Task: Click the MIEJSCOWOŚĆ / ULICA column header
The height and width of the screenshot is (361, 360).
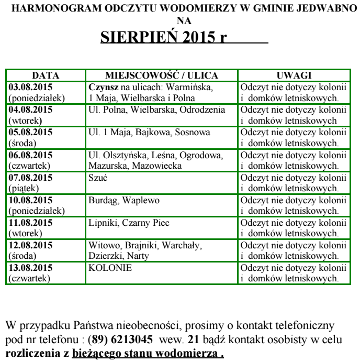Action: (x=161, y=75)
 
